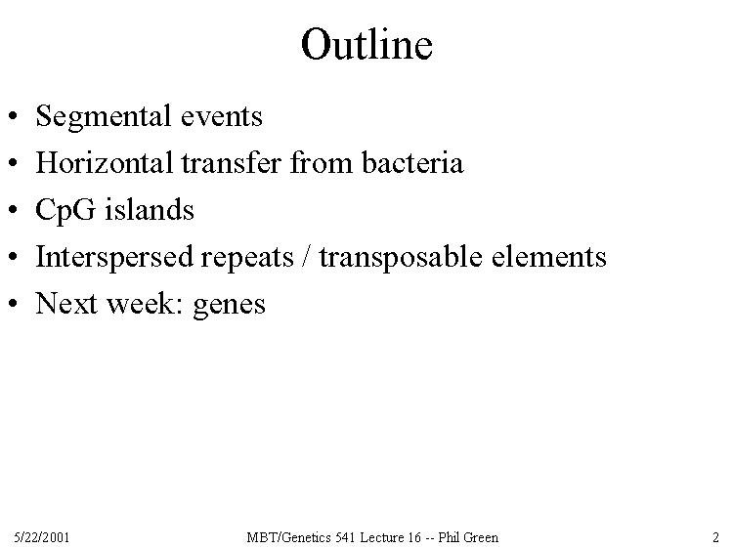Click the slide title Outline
coord(366,44)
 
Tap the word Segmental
coord(103,117)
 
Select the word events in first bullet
coord(222,118)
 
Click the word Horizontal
coord(105,162)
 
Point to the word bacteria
coord(412,162)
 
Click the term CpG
coord(65,211)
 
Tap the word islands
coord(149,209)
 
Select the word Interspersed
coord(114,258)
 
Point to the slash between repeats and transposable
coord(306,257)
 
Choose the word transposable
coord(401,258)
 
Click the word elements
coord(549,257)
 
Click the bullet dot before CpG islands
coord(13,210)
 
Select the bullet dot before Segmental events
coord(13,116)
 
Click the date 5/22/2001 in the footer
coord(42,537)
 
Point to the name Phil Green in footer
coord(468,537)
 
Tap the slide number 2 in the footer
coord(715,537)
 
